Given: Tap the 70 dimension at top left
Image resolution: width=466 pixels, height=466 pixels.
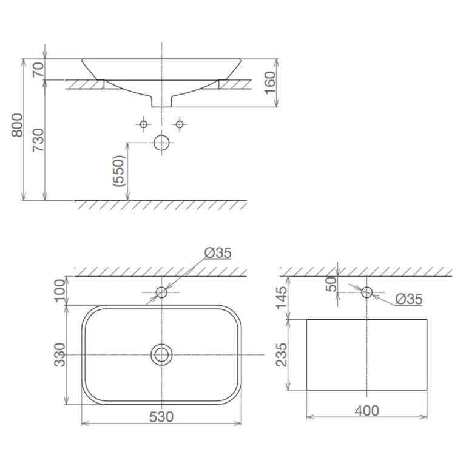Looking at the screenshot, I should [36, 69].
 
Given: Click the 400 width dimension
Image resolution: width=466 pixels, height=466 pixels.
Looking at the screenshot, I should [366, 411].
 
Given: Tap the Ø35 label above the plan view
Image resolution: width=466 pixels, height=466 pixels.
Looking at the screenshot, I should [217, 254].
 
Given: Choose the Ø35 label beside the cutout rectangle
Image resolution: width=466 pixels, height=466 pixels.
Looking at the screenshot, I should [408, 299].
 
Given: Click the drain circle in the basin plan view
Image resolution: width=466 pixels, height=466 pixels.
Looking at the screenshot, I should [161, 354].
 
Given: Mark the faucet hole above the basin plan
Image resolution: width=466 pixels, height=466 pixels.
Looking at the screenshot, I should [161, 292].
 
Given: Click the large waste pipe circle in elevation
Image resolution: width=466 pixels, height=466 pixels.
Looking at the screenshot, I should [161, 143].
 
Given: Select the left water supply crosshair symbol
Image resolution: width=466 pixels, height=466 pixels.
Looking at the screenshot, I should [144, 124].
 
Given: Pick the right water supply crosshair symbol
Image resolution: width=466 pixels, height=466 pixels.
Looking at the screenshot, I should [179, 124].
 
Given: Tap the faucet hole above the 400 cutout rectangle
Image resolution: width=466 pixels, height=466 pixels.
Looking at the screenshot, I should [366, 292].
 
